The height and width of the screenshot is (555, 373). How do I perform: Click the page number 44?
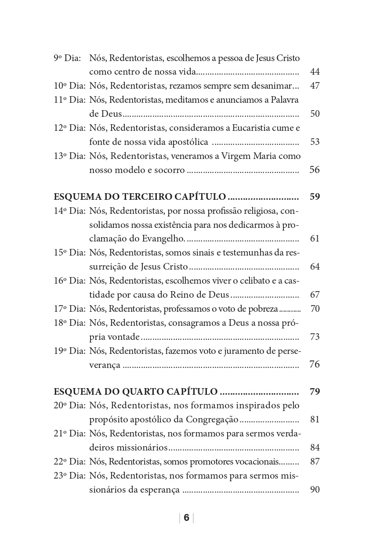[315, 72]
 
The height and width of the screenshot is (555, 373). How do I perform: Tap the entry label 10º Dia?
[69, 86]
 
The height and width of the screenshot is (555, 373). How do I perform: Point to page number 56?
[315, 170]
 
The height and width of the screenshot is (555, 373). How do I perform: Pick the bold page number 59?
[315, 196]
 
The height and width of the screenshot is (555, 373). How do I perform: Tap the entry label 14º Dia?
[69, 210]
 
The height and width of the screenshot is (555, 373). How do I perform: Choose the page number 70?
[315, 309]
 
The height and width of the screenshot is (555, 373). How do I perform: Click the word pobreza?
[262, 309]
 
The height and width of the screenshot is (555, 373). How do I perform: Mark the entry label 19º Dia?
[69, 351]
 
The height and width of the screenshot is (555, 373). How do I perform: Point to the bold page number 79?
[315, 391]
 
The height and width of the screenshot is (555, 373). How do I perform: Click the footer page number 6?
[186, 518]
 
